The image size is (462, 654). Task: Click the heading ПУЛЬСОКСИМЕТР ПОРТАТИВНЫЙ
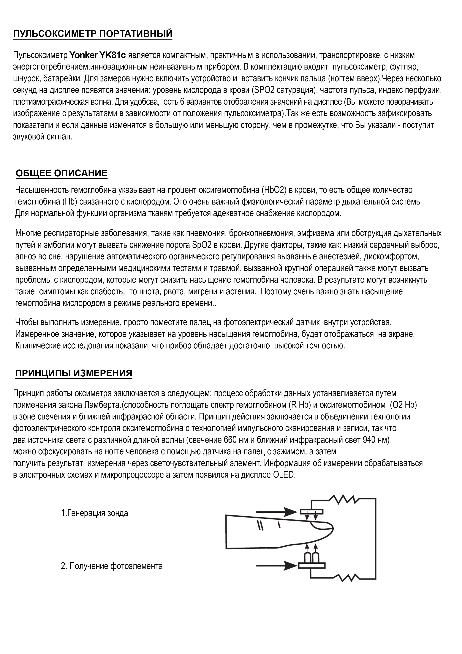[93, 34]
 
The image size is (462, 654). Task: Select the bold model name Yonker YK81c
[97, 55]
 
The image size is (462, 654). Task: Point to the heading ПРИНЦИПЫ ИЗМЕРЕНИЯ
[74, 373]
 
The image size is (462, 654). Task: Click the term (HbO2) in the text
[273, 190]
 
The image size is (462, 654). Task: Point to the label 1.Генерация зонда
[94, 513]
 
